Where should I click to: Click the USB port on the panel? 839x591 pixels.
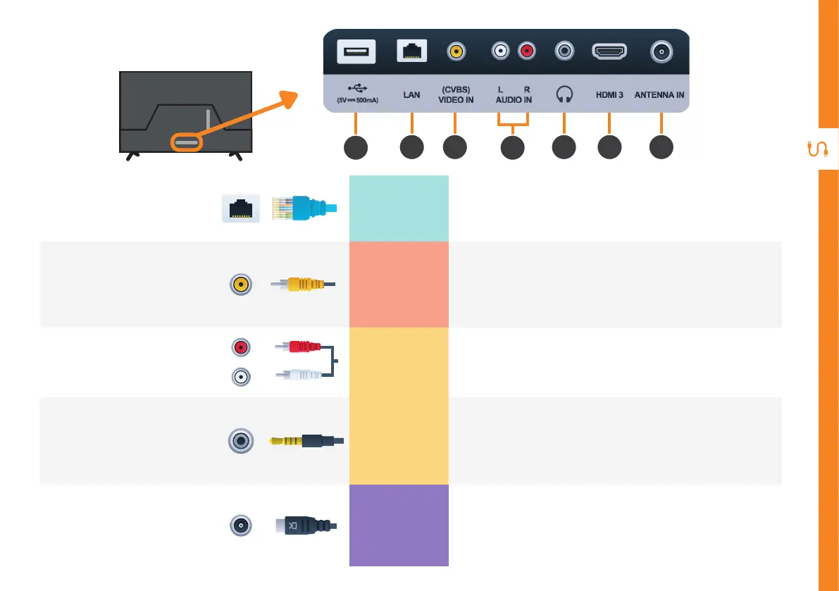pos(356,51)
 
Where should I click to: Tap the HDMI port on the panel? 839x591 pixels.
pos(610,51)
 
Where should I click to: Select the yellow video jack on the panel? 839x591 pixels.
pos(456,51)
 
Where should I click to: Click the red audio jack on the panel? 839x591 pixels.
pos(526,51)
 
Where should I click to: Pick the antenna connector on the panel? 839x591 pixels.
pos(660,51)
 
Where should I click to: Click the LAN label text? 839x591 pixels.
pos(411,94)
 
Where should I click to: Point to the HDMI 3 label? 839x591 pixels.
pos(610,94)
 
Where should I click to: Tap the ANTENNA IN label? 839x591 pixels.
pos(659,94)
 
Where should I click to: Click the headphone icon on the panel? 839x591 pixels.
pos(564,94)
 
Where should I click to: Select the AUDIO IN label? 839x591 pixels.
pos(514,99)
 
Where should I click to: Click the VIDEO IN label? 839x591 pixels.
pos(456,99)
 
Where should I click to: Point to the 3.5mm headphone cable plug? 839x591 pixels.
pos(306,441)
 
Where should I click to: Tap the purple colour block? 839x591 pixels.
pos(399,525)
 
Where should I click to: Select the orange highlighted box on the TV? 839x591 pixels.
pos(186,142)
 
